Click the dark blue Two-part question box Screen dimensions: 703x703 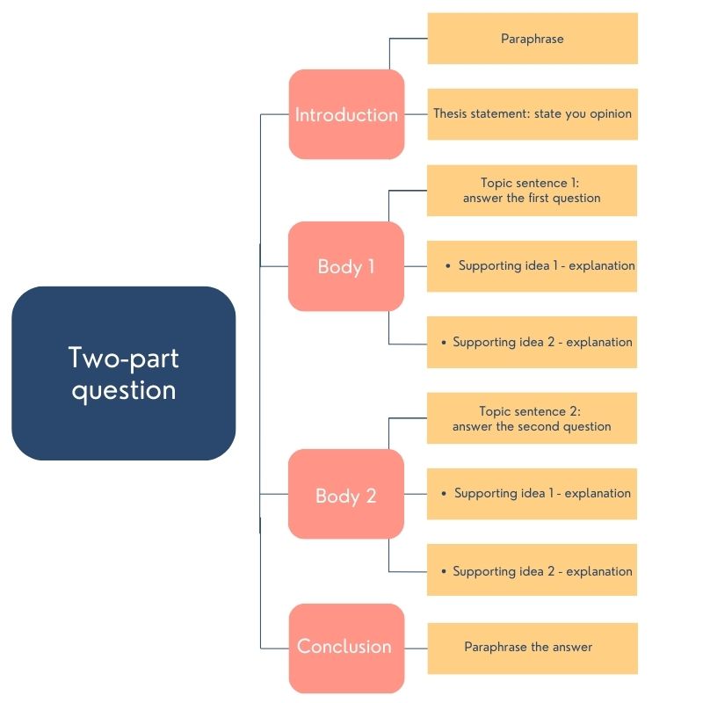coord(123,373)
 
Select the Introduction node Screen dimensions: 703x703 coord(346,114)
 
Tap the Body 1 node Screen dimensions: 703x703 coord(346,266)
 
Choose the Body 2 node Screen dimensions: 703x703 coord(346,495)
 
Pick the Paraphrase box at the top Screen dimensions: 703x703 coord(533,39)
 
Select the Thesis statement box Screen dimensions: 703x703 coord(533,114)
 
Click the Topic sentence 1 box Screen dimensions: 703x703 coord(533,191)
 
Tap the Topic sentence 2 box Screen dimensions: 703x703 coord(533,418)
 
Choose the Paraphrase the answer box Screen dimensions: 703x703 coord(533,648)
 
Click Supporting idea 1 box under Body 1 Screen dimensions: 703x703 coord(533,266)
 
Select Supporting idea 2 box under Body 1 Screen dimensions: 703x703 coord(533,343)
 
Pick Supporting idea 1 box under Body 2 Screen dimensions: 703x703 coord(533,494)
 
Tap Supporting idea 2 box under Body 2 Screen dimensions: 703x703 coord(533,571)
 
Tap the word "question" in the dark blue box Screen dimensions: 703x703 coord(123,390)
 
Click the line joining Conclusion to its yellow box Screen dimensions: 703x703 coord(416,648)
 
